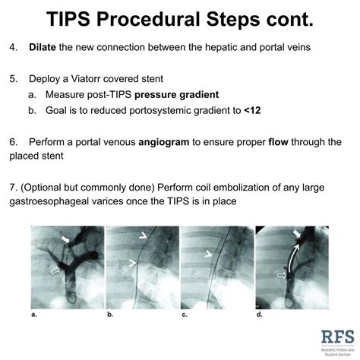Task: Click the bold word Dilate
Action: point(45,48)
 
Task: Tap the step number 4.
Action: point(12,48)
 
